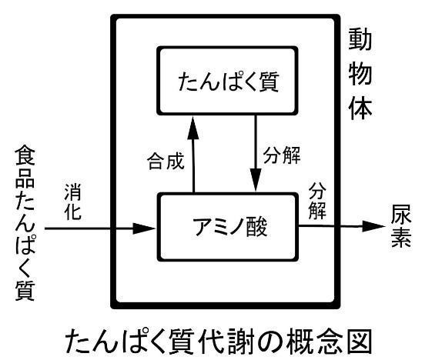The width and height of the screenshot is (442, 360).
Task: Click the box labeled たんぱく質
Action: (227, 81)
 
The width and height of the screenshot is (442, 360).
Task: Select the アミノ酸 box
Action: (228, 227)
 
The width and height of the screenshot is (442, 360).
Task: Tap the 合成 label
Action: (166, 161)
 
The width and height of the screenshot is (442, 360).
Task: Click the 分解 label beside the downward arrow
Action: (282, 155)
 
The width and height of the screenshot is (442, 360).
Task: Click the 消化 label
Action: (73, 202)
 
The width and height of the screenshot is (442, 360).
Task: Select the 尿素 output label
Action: (401, 226)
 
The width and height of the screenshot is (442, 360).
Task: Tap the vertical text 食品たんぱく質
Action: (25, 223)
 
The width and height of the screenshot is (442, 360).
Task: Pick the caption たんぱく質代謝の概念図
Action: (219, 342)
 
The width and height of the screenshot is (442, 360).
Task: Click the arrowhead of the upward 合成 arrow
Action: (193, 128)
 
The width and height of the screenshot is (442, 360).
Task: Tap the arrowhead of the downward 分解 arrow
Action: (256, 180)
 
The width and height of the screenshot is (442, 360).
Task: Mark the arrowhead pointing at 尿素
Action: (373, 226)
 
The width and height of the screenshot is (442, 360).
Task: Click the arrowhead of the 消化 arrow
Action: (144, 228)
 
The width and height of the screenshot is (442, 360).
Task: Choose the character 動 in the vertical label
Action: (360, 39)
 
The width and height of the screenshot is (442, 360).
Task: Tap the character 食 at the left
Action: (25, 155)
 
